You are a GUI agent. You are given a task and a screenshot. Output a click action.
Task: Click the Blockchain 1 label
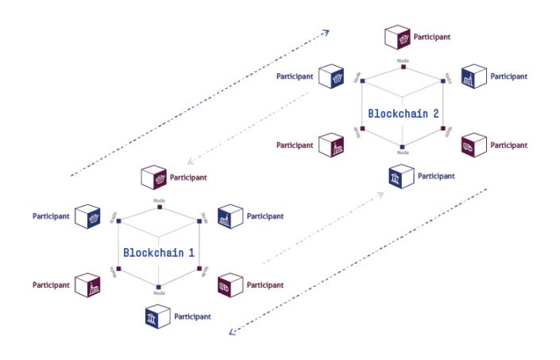(x=159, y=252)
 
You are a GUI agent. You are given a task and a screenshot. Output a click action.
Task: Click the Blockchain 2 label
(x=403, y=113)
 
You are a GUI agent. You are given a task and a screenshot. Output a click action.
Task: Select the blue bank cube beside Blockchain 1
(x=155, y=317)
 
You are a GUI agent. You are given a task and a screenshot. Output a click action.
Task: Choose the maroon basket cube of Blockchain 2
(x=397, y=37)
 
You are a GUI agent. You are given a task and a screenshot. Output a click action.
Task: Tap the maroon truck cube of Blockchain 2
(x=473, y=145)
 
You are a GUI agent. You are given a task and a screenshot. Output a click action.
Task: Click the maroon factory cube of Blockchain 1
(x=87, y=285)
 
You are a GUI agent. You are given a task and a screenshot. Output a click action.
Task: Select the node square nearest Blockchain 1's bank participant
(x=159, y=287)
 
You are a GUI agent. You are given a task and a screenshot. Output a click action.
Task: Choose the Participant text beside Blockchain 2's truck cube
(x=508, y=145)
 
